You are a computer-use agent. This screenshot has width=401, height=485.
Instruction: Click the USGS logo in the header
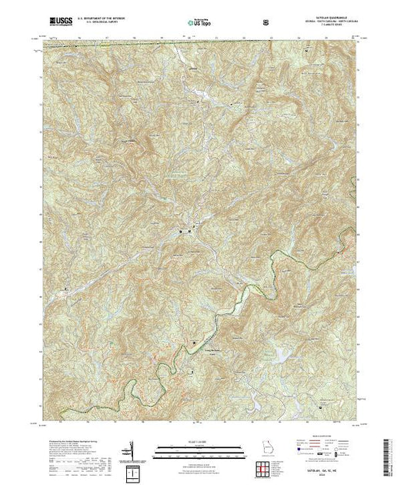(58, 22)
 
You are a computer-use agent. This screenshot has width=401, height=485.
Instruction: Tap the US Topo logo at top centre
(200, 22)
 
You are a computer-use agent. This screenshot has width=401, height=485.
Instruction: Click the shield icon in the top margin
(266, 22)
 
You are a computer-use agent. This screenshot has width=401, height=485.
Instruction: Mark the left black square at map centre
(182, 230)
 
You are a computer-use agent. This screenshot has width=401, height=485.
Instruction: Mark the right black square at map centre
(190, 230)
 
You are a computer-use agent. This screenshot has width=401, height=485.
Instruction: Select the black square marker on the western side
(65, 289)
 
